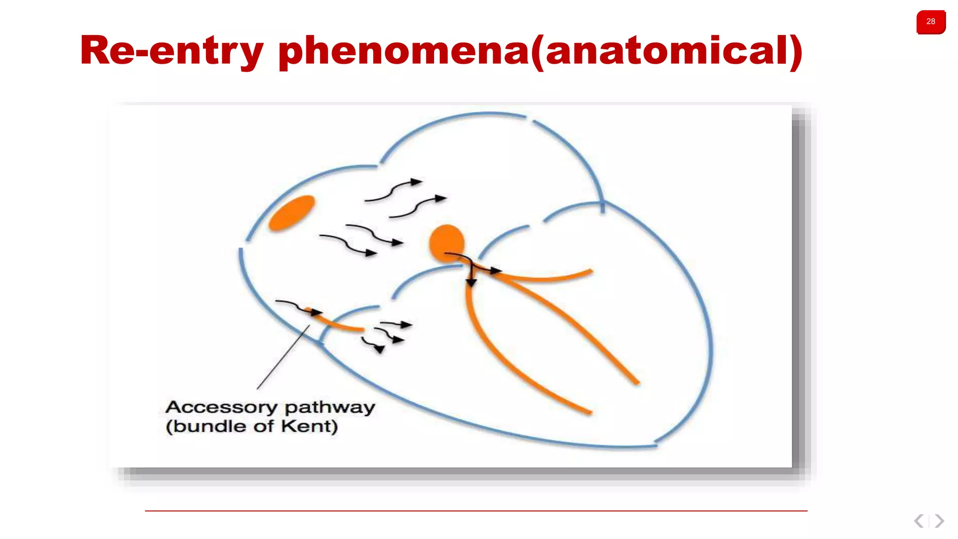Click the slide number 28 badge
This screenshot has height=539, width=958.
(x=930, y=22)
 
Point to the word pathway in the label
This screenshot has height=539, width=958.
(x=330, y=407)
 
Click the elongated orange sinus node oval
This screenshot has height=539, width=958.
(x=292, y=213)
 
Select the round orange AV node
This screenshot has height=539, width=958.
(x=447, y=242)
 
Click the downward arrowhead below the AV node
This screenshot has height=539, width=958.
(x=471, y=283)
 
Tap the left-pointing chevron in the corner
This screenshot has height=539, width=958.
(x=919, y=521)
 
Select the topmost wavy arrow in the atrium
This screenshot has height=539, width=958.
(x=394, y=190)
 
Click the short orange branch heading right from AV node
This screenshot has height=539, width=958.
(x=552, y=278)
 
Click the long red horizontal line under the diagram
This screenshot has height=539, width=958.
(x=476, y=511)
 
